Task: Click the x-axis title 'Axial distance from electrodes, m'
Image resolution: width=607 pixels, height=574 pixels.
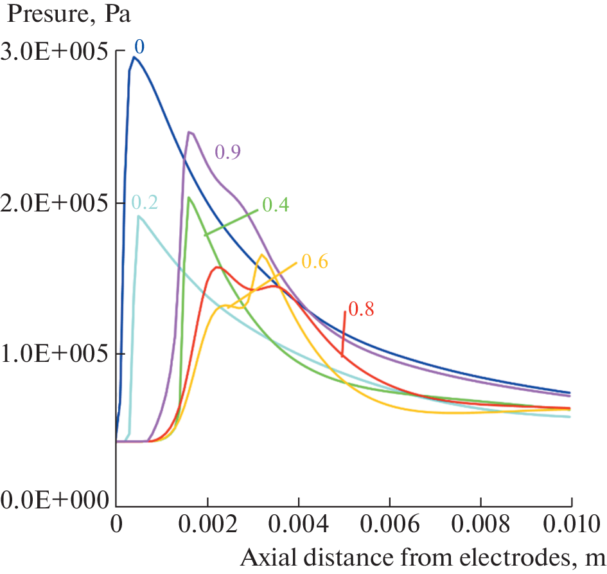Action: coord(423,558)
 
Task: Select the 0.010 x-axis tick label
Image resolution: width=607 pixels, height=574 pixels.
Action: coord(569,525)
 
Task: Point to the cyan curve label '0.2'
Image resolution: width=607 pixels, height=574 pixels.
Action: coord(145,203)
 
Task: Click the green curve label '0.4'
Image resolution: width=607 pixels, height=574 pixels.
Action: coord(276,205)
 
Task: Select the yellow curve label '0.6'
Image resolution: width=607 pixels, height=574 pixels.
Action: coord(315,261)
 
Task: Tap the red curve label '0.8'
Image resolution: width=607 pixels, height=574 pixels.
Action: coord(360,309)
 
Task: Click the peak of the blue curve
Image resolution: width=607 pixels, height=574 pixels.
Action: coord(134,57)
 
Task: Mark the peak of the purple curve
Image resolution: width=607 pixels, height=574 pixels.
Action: coord(189,132)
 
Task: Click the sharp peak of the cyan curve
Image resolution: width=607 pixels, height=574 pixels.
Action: coord(139,217)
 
